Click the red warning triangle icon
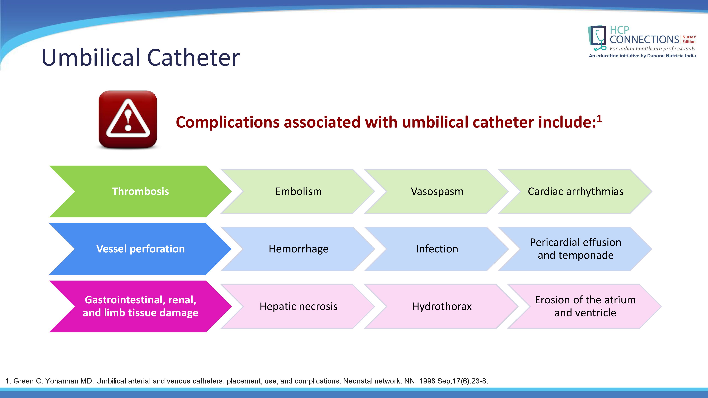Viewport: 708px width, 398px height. pos(128,120)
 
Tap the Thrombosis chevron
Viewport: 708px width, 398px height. pos(140,191)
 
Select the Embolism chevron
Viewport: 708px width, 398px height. pos(298,191)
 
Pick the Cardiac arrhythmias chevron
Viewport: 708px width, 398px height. pos(576,191)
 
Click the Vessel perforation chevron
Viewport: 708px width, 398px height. pos(140,249)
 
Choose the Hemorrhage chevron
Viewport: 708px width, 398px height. pos(298,249)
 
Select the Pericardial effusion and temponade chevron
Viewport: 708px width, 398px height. pos(576,249)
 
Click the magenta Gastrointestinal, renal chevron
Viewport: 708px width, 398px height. pos(140,306)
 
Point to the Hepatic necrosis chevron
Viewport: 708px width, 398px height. pos(298,306)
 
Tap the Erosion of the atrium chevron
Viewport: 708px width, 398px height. pos(585,306)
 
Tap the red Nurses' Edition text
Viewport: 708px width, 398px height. pos(689,39)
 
